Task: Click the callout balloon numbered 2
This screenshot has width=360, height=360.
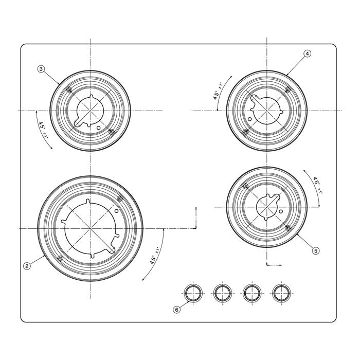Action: [x=27, y=266]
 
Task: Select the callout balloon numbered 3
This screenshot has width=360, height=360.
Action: [x=41, y=69]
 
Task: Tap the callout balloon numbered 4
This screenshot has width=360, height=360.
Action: [x=307, y=53]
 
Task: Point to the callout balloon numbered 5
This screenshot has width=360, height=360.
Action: [x=316, y=251]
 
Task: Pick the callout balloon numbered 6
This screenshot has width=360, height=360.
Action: [x=176, y=310]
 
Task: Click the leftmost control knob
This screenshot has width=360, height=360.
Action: [x=193, y=294]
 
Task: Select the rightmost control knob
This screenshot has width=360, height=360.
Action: [x=281, y=294]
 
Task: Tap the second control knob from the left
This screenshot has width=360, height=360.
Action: [x=223, y=294]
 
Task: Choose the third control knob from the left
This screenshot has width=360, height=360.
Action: [x=252, y=294]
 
